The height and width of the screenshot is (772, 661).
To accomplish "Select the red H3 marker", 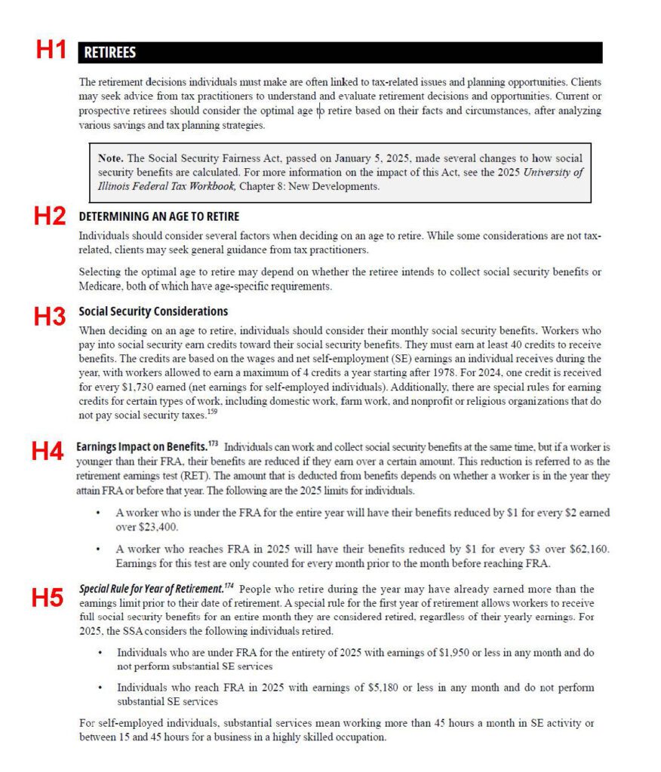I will (51, 316).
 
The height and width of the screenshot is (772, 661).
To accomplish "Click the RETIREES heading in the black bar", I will (110, 53).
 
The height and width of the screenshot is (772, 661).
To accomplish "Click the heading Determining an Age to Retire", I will (158, 217).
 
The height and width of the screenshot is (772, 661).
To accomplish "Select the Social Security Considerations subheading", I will (153, 311).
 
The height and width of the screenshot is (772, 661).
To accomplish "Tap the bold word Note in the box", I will (111, 158).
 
